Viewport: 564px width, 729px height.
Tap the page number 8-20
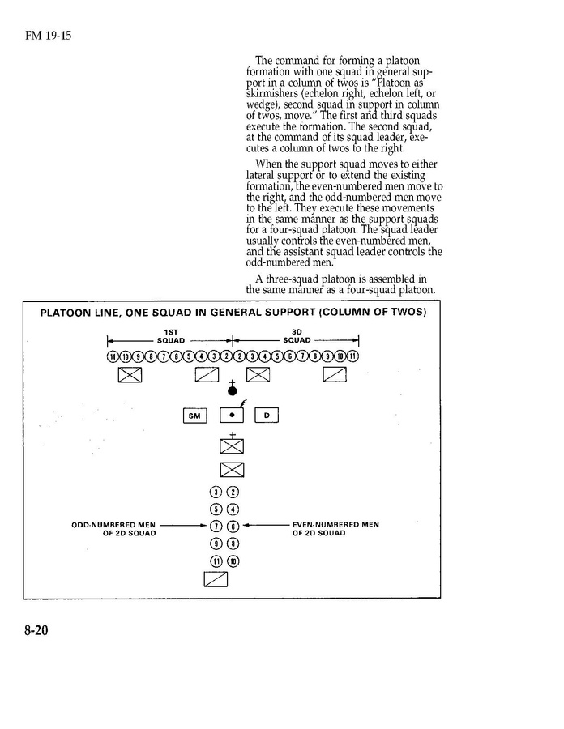[x=36, y=629]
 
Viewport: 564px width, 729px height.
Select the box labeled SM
[x=194, y=416]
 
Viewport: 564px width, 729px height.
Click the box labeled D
[x=267, y=416]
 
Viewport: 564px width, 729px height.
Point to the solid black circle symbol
[x=233, y=390]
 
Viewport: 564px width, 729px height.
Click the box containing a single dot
[x=233, y=416]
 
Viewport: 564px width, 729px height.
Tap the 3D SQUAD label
[x=296, y=335]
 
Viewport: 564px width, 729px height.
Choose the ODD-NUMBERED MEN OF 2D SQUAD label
[x=113, y=529]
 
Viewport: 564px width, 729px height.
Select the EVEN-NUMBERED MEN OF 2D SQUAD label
[x=335, y=529]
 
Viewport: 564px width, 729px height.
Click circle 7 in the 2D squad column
[x=216, y=526]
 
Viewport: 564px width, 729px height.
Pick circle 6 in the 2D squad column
[x=233, y=526]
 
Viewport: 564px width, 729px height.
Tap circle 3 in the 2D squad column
[x=216, y=492]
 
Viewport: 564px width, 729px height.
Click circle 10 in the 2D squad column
[x=233, y=561]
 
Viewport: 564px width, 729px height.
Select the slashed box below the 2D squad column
[x=216, y=578]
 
